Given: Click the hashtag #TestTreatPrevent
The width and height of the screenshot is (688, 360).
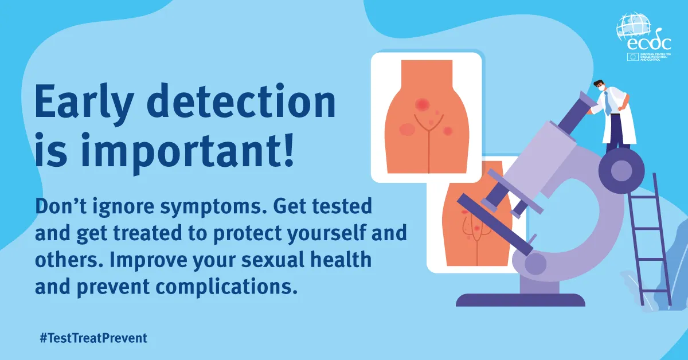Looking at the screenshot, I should pyautogui.click(x=93, y=338).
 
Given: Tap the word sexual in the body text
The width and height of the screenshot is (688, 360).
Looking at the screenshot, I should pyautogui.click(x=273, y=260).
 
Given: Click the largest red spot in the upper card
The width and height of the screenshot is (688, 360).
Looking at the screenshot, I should pyautogui.click(x=422, y=104).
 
